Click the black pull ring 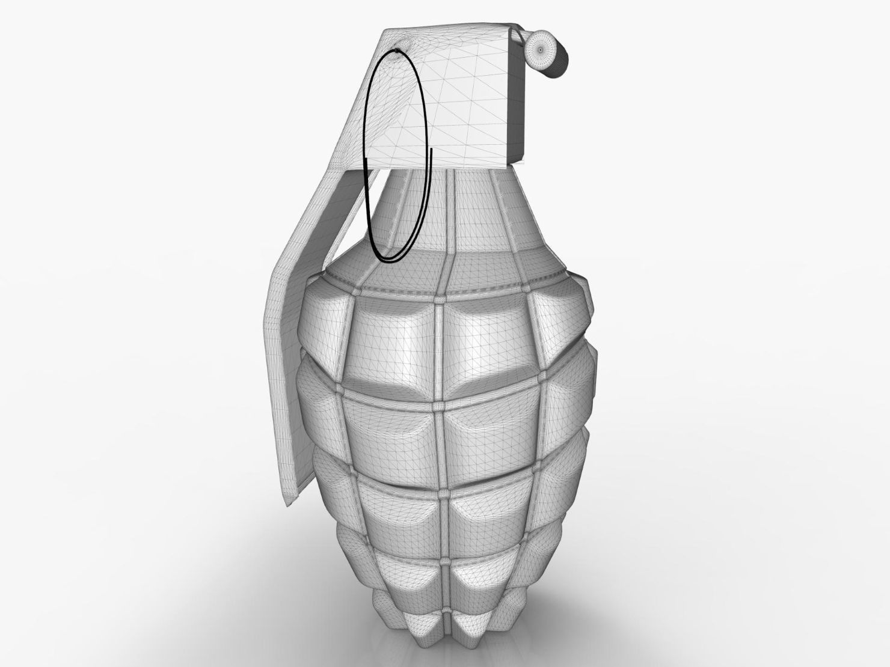pos(367,198)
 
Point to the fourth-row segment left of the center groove pos(409,580)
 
